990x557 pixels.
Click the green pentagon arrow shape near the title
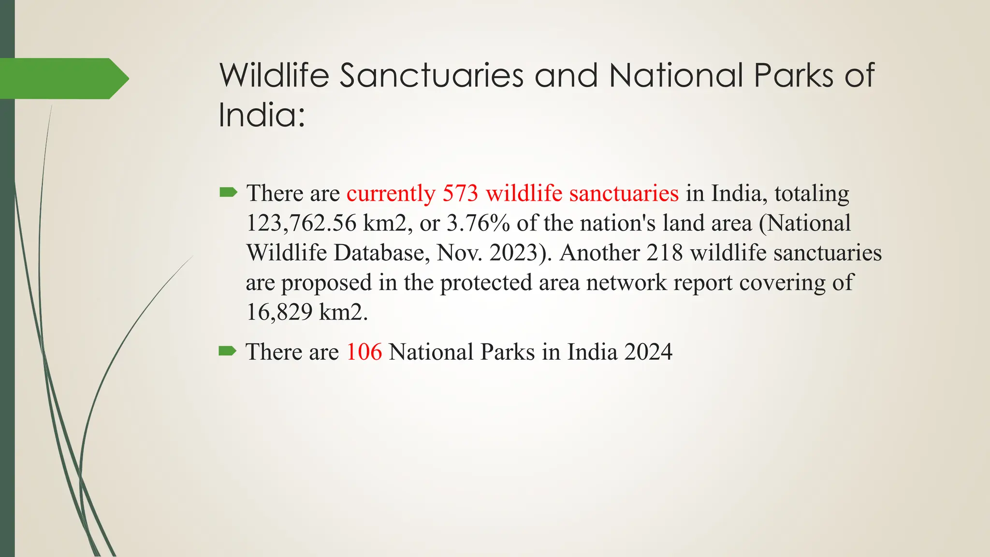point(63,78)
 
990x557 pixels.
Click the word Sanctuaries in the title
point(431,75)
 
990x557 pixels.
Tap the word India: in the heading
point(262,115)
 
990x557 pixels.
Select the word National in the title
point(676,75)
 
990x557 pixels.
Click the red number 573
point(460,193)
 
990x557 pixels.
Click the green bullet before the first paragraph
point(228,193)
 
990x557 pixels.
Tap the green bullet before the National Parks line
point(227,351)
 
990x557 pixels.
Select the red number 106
point(364,352)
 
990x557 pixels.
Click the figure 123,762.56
point(301,223)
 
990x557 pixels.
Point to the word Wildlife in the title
point(274,75)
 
